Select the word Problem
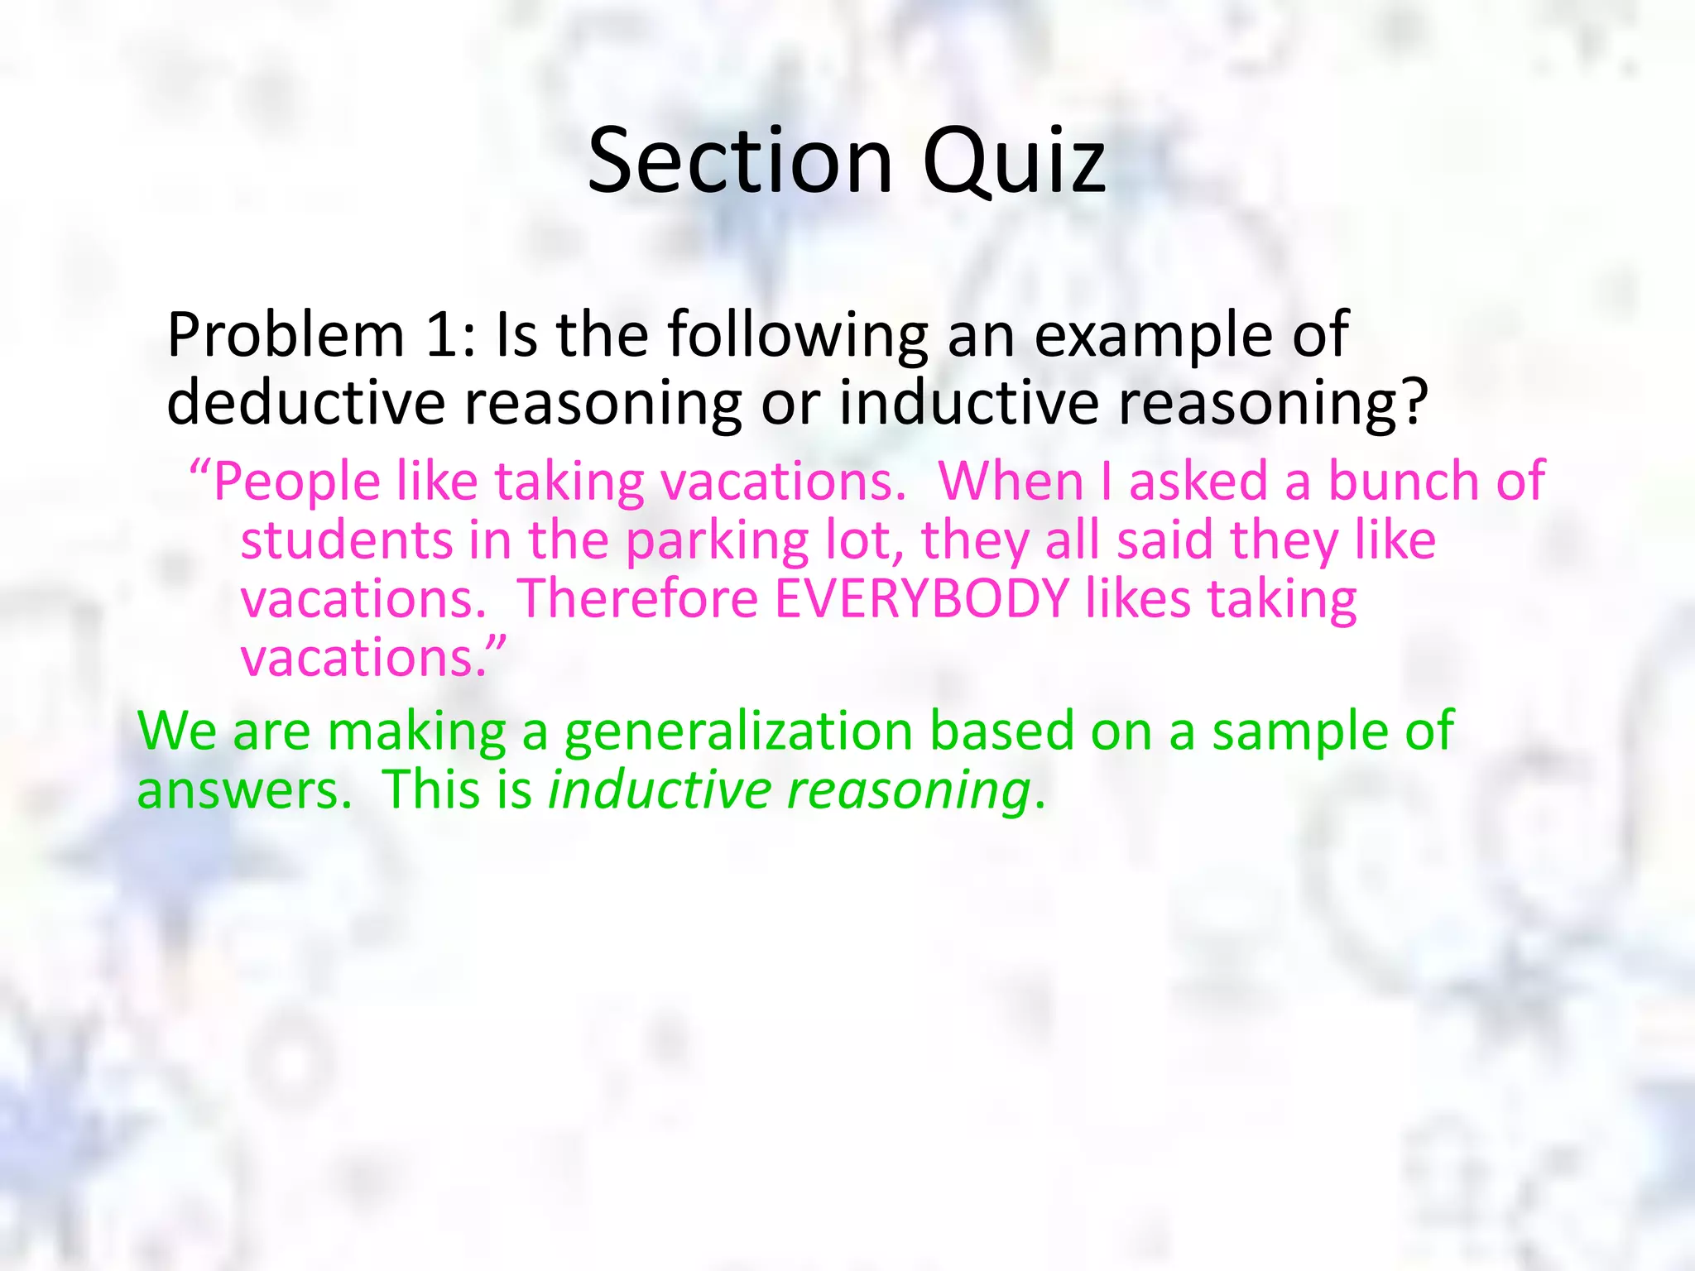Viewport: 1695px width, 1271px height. pyautogui.click(x=286, y=335)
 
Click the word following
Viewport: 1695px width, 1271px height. pyautogui.click(x=798, y=337)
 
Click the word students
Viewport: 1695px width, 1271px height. pyautogui.click(x=346, y=540)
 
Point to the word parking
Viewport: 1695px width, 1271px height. pyautogui.click(x=717, y=542)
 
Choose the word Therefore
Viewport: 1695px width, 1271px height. pyautogui.click(x=637, y=599)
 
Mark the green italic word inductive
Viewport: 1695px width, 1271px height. pyautogui.click(x=660, y=790)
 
